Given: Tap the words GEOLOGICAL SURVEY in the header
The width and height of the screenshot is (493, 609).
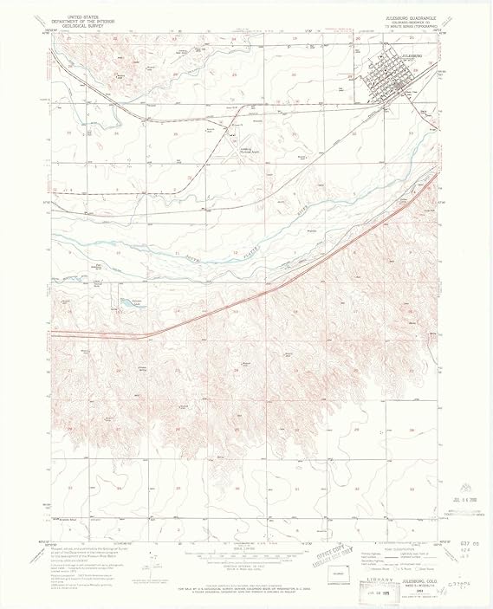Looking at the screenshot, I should pyautogui.click(x=75, y=26).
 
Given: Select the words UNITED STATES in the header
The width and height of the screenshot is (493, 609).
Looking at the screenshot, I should pyautogui.click(x=75, y=16).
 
